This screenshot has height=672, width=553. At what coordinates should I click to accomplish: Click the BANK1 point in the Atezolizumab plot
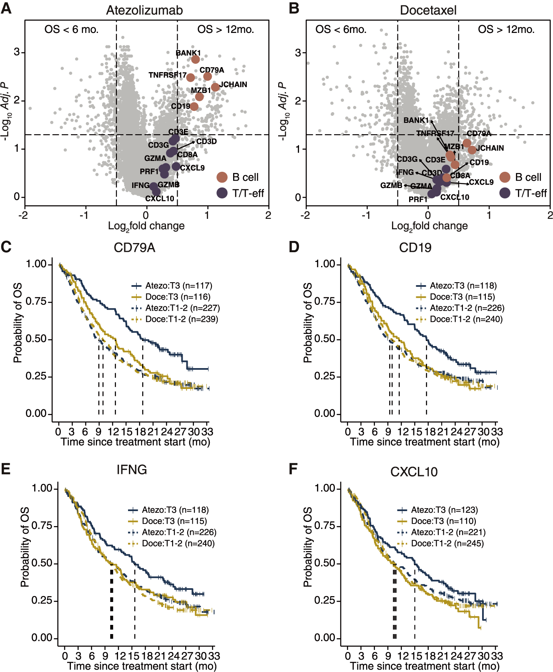pos(195,59)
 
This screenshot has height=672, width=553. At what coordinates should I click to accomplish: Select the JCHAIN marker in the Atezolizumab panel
pos(215,87)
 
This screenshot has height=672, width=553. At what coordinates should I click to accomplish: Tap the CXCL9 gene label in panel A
pos(192,168)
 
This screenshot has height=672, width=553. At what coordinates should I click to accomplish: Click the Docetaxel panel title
pos(428,10)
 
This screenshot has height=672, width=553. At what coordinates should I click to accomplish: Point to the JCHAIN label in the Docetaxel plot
pos(490,148)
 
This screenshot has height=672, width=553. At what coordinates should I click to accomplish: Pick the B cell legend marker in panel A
pos(222,177)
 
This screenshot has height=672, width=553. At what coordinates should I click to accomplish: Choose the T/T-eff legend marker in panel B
pos(505,193)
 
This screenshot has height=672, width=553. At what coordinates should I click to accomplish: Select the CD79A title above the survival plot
pos(134,248)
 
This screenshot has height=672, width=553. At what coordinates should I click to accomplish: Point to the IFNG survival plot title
pos(132,470)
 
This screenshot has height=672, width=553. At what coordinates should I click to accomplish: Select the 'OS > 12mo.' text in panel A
pos(226,30)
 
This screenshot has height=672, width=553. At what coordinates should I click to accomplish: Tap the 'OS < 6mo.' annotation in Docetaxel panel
pos(341,30)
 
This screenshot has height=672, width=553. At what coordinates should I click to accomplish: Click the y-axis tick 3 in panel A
pos(17,52)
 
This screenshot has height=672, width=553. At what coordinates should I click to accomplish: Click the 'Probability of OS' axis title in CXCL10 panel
pos(308,547)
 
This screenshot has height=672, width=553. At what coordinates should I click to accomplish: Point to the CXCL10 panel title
pos(414,472)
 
